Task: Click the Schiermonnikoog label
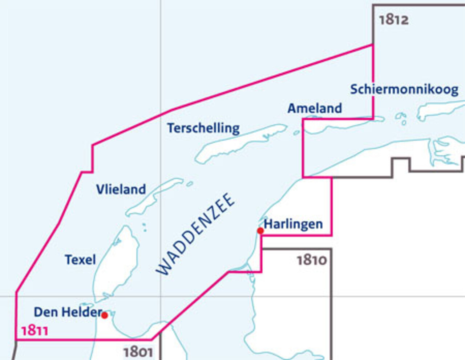404,89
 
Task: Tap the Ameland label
315,108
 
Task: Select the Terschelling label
203,128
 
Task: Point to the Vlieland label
121,189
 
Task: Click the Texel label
80,260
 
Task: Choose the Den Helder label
67,312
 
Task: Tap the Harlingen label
293,224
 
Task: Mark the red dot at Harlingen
260,231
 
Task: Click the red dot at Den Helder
105,315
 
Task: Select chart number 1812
393,20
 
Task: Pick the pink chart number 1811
35,331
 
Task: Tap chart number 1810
312,260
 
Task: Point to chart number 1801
138,352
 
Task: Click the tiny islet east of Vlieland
189,184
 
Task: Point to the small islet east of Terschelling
296,133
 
